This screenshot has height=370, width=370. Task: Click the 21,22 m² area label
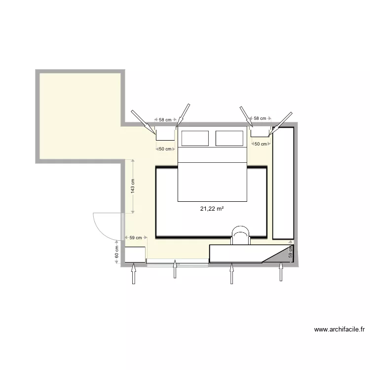click(x=212, y=209)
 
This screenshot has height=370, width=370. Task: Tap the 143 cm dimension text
click(x=133, y=186)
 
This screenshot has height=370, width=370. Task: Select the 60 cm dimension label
click(x=117, y=253)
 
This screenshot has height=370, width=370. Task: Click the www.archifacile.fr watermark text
click(x=338, y=330)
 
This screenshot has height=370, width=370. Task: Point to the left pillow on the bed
click(x=196, y=138)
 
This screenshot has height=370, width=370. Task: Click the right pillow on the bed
click(x=230, y=138)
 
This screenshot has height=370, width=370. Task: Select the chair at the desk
click(x=241, y=235)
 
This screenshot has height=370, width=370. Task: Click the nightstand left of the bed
click(x=165, y=134)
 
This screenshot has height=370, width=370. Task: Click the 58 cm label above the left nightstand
click(x=165, y=120)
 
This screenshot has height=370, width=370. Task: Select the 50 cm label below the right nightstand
click(x=260, y=144)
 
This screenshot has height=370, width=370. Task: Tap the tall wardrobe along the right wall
click(x=284, y=183)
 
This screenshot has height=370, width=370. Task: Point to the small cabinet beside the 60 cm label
click(x=135, y=255)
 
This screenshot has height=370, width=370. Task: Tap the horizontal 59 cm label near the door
click(x=135, y=238)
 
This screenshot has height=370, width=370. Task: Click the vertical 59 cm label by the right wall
click(x=291, y=253)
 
